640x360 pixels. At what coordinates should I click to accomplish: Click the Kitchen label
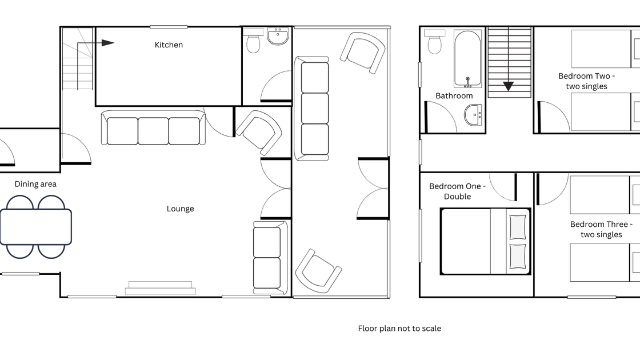click(x=169, y=45)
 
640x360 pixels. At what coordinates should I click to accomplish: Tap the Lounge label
click(x=180, y=209)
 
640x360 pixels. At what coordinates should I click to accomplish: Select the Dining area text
click(x=35, y=184)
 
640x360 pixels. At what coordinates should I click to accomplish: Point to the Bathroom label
click(x=454, y=96)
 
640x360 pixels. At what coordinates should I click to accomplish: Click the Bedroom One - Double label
click(x=457, y=191)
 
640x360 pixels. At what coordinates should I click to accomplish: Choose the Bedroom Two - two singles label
click(x=586, y=81)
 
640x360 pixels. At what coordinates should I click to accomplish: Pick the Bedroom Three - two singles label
click(x=601, y=229)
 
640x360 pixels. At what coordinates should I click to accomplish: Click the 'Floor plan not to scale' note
click(x=399, y=329)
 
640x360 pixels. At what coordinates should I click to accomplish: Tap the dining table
click(x=36, y=227)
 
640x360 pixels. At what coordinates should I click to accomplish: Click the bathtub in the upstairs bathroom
click(x=468, y=59)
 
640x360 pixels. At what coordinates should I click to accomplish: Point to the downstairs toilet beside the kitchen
click(x=254, y=41)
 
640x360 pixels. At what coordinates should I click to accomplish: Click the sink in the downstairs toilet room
click(x=278, y=36)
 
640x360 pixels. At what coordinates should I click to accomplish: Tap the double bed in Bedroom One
click(x=485, y=241)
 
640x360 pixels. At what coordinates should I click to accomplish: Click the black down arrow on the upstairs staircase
click(x=508, y=86)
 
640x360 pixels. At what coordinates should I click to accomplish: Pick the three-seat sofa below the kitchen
click(x=153, y=128)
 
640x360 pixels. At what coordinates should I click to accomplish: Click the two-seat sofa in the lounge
click(x=270, y=258)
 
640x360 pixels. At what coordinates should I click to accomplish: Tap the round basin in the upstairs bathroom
click(x=474, y=115)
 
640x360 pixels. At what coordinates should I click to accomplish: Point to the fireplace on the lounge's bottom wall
click(x=160, y=288)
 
